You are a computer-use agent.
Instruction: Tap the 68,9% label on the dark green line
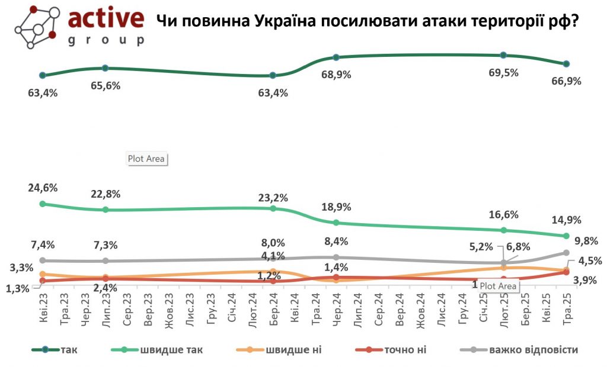tap(336, 75)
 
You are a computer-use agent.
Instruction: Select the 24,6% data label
tap(43, 188)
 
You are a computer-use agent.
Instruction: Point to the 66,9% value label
tap(566, 81)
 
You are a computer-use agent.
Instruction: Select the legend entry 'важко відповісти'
tap(533, 349)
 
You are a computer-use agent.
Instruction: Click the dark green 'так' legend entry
tap(69, 349)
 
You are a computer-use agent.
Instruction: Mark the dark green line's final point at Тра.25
tap(566, 64)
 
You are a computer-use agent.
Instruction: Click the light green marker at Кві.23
tap(43, 204)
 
